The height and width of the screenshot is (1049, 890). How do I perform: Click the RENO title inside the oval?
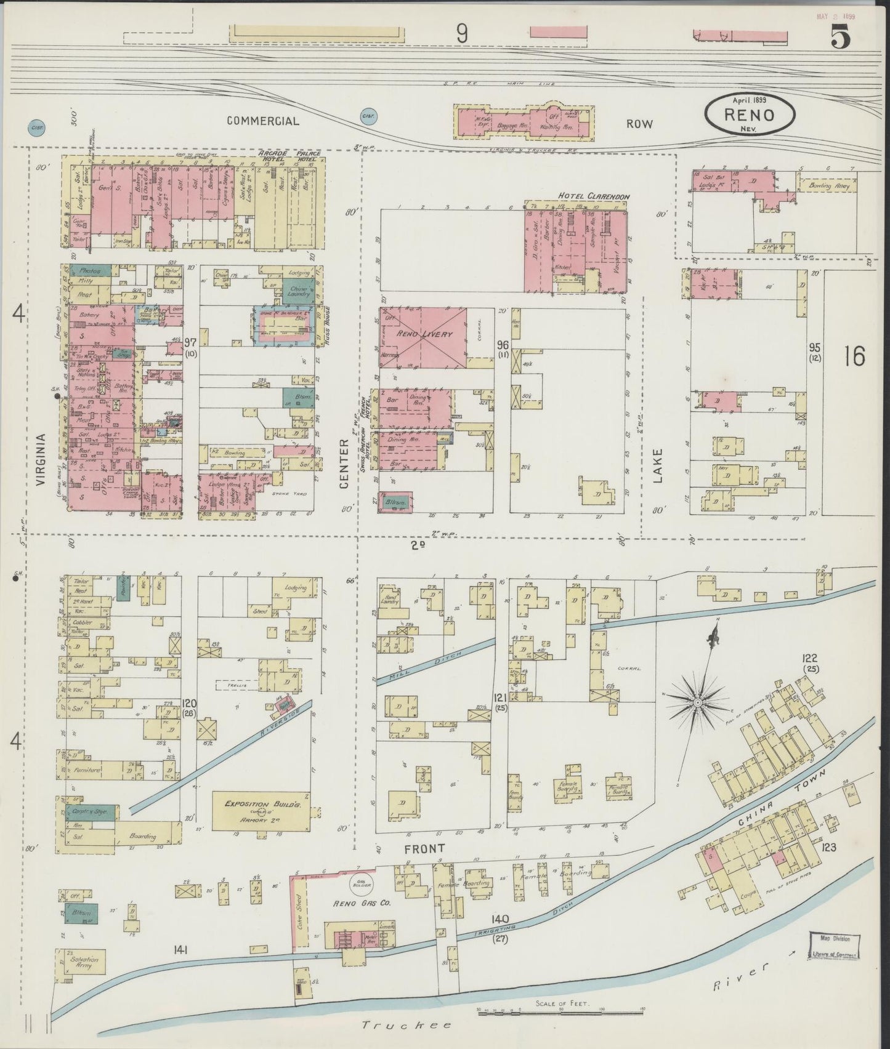point(750,115)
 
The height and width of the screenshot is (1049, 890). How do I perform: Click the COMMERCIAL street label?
point(263,121)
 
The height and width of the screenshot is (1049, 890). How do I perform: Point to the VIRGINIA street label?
point(41,460)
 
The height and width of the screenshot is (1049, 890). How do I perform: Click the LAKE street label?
point(657,465)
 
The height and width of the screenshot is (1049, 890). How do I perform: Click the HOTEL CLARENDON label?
point(593,196)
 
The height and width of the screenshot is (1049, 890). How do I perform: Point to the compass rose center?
point(698,702)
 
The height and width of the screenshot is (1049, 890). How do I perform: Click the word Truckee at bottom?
point(407,1026)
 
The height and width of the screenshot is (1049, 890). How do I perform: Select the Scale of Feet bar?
point(560,1010)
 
